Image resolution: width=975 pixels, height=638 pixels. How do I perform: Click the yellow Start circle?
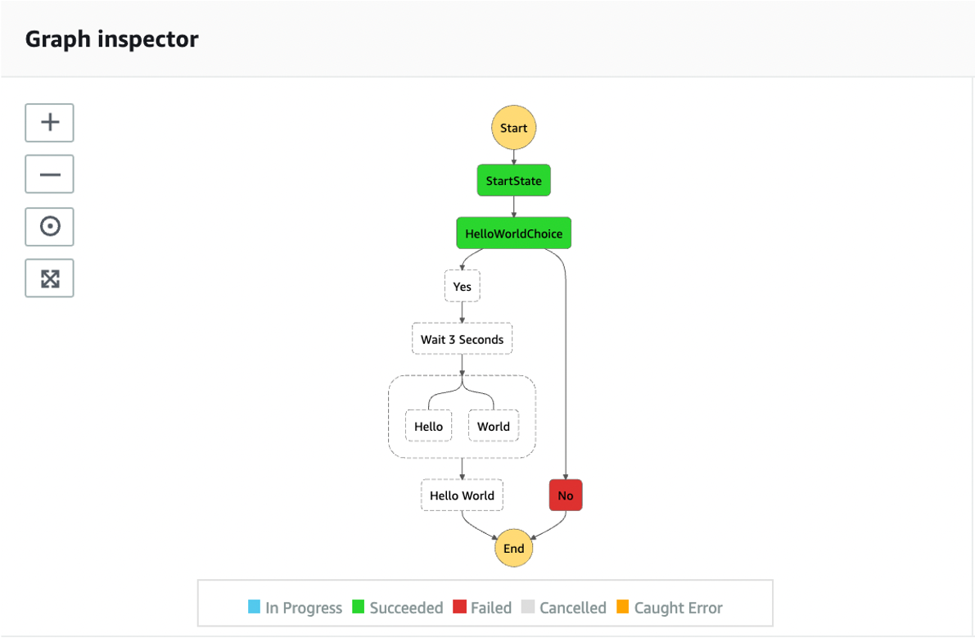(513, 128)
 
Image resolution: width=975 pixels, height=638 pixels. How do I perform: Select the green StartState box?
(513, 180)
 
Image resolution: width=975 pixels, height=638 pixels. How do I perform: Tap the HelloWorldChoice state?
(513, 233)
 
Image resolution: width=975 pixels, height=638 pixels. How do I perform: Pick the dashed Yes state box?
(462, 286)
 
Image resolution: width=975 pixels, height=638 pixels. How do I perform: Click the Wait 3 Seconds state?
(462, 339)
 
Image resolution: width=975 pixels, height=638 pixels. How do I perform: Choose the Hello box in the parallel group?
(428, 426)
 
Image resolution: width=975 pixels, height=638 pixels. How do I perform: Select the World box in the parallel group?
(493, 426)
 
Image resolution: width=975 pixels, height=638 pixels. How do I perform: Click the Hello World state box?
(462, 495)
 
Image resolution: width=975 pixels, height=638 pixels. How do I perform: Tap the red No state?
(565, 495)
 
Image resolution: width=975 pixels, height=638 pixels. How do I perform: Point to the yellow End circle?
(513, 548)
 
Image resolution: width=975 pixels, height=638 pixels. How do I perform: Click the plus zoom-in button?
(50, 123)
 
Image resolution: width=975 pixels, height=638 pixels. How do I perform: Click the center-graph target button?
(50, 226)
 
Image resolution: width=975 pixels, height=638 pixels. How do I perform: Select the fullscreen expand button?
(50, 278)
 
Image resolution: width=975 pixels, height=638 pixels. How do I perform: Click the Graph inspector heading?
(112, 39)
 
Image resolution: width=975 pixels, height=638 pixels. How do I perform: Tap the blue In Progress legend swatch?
(254, 606)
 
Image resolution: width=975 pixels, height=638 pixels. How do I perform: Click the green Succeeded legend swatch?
(359, 606)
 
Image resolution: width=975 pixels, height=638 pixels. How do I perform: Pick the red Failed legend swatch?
(459, 606)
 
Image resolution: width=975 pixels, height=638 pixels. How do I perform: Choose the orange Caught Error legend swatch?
(622, 606)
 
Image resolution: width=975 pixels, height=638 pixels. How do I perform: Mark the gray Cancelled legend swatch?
(528, 606)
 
